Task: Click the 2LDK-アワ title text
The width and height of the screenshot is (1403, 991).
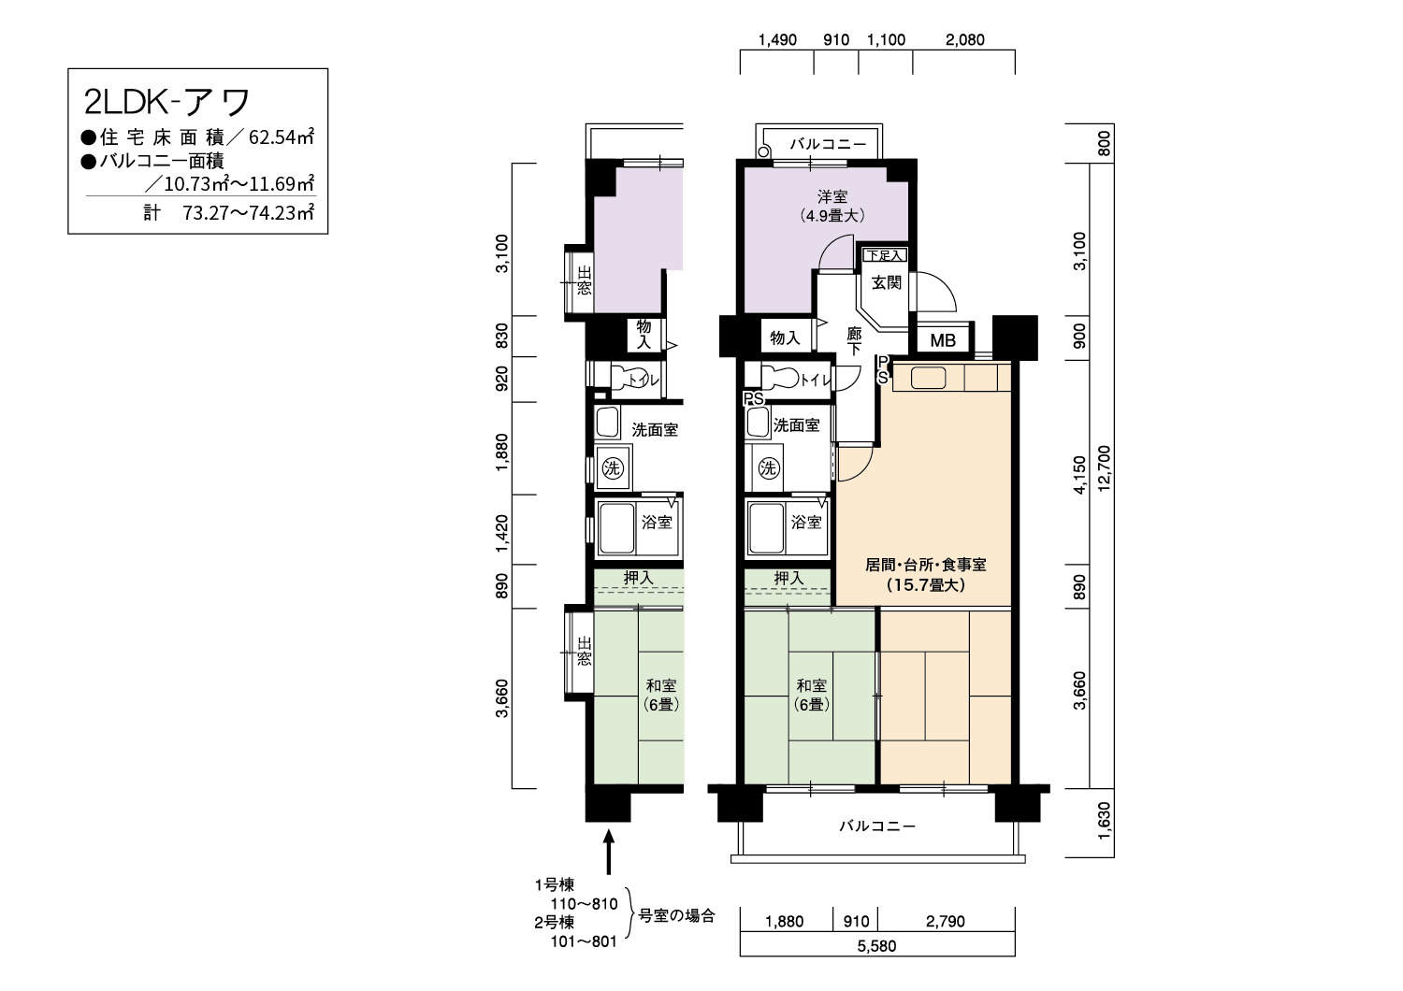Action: coord(166,102)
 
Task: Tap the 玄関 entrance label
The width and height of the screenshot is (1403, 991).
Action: coord(887,283)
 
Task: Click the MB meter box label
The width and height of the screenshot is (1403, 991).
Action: coord(943,340)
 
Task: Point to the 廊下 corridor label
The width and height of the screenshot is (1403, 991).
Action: coord(854,341)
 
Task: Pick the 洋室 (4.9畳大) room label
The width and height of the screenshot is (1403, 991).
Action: coord(832,207)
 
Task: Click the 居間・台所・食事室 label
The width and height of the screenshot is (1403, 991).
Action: coord(926,565)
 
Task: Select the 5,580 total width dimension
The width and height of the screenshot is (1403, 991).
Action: coord(877,946)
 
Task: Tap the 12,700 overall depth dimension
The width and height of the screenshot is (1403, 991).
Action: coord(1104,468)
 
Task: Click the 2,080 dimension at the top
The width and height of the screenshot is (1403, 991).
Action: coord(965,40)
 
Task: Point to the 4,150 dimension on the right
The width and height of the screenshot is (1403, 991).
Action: coord(1079,475)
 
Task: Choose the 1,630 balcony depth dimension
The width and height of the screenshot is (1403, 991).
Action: coord(1104,821)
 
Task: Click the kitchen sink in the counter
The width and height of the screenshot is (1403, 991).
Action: coord(928,378)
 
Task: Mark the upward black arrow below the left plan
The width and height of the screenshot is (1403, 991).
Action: coord(608,852)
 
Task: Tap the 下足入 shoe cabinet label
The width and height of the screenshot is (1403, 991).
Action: coord(885,255)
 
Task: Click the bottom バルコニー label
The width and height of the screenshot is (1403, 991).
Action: coord(877,826)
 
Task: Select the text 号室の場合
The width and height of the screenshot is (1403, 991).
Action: coord(676,916)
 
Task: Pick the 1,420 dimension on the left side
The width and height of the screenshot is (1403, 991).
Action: coord(501,534)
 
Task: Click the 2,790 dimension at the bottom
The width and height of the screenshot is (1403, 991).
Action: coord(946,922)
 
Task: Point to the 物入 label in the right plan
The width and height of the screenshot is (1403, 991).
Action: coord(785,338)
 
